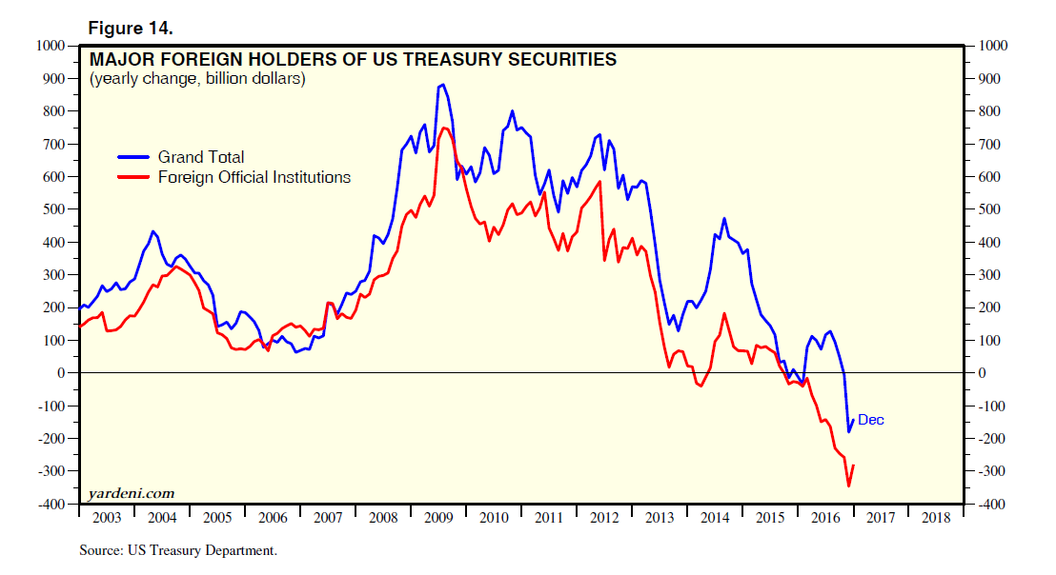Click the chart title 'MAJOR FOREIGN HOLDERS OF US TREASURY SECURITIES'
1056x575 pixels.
click(353, 60)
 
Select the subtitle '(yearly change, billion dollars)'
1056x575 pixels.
click(197, 79)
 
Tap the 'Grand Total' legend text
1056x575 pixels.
click(201, 157)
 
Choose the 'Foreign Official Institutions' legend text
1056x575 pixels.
click(254, 177)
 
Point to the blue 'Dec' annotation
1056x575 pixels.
click(871, 420)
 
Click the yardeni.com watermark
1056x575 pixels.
click(132, 492)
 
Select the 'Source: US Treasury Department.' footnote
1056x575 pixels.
click(178, 550)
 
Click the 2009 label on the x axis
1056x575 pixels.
click(439, 518)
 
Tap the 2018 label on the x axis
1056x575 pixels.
click(935, 518)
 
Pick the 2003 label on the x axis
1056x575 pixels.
click(106, 518)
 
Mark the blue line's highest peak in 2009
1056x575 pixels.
click(442, 85)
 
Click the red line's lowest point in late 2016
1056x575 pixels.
click(848, 486)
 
